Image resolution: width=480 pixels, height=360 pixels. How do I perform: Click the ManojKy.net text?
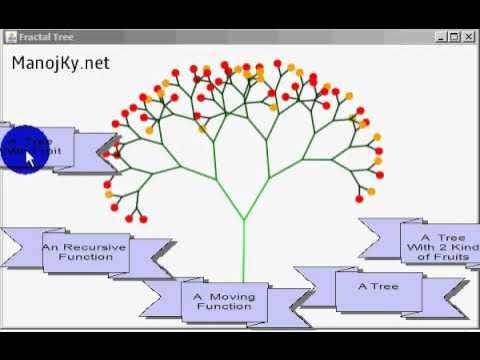(x=61, y=63)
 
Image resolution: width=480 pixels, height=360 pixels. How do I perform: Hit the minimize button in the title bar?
(x=441, y=37)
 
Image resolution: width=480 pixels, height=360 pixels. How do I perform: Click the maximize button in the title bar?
(x=454, y=37)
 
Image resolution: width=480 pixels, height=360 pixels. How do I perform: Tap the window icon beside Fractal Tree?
(x=11, y=37)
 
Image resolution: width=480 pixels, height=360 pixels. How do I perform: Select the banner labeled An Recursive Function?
(x=85, y=251)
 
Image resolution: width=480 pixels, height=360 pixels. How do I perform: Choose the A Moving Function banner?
(x=224, y=301)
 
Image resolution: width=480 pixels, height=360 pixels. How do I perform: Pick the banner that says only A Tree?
(x=379, y=287)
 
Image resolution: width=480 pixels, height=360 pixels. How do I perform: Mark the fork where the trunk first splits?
(x=244, y=219)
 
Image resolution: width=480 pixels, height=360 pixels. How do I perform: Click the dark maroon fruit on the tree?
(x=117, y=155)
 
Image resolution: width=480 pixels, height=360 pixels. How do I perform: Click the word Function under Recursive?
(x=85, y=257)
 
